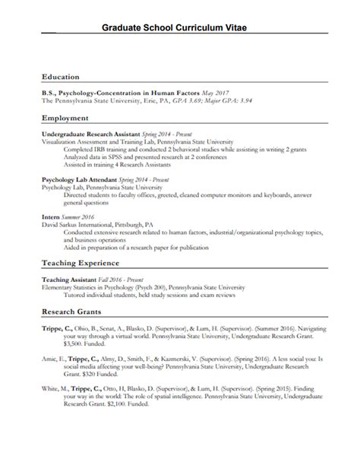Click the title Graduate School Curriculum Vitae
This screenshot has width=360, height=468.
tap(180, 29)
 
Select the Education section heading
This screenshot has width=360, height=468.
tap(62, 77)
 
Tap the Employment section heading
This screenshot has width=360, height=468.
tap(65, 119)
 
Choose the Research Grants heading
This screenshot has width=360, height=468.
tap(74, 311)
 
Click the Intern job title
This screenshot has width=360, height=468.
tap(52, 216)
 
